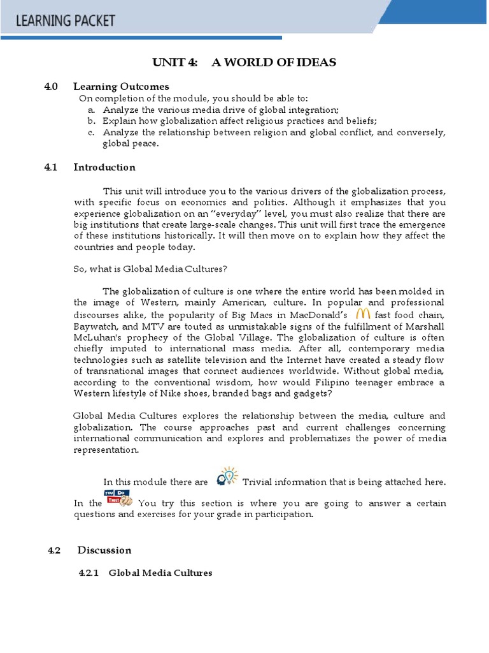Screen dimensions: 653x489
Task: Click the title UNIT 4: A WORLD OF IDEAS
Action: pyautogui.click(x=244, y=62)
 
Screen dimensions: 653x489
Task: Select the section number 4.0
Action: pyautogui.click(x=52, y=86)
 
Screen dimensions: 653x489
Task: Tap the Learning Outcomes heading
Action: pyautogui.click(x=121, y=86)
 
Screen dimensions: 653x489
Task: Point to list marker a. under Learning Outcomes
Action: pyautogui.click(x=92, y=110)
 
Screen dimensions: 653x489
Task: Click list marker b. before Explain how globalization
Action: pyautogui.click(x=92, y=121)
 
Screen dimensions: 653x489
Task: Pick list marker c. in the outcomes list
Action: pyautogui.click(x=92, y=132)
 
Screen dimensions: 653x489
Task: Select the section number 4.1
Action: pyautogui.click(x=51, y=167)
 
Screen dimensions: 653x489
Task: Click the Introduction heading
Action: pyautogui.click(x=104, y=167)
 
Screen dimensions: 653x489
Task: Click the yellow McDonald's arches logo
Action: pyautogui.click(x=363, y=313)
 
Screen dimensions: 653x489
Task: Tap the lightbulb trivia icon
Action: pyautogui.click(x=227, y=477)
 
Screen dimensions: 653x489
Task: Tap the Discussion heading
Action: pyautogui.click(x=104, y=550)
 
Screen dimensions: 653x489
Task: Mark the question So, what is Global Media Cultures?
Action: pyautogui.click(x=146, y=269)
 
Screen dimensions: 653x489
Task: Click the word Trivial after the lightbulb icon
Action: pyautogui.click(x=259, y=482)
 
